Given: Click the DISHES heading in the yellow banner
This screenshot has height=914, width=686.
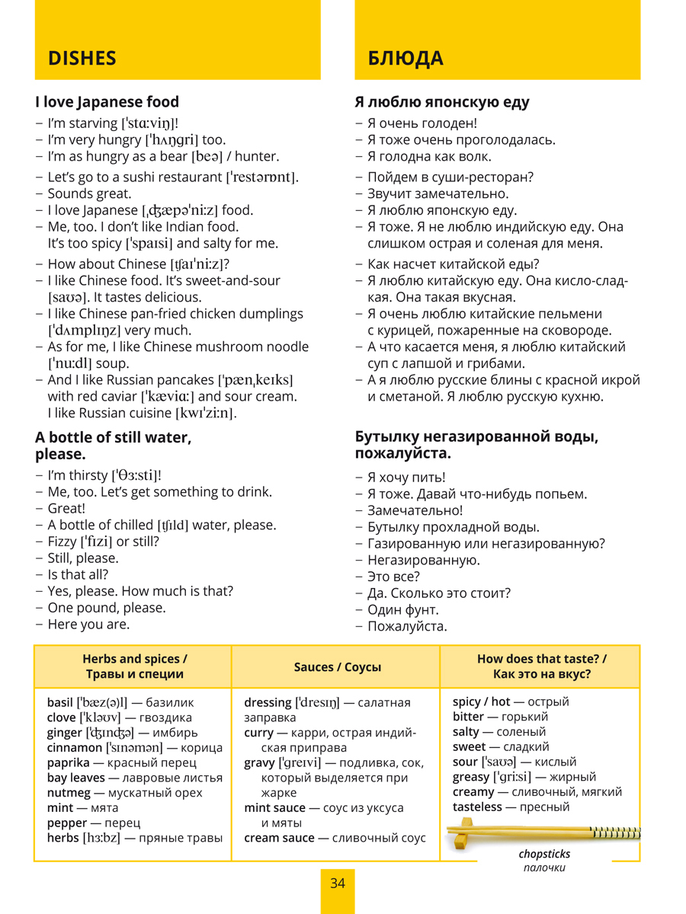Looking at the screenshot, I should click(x=82, y=59).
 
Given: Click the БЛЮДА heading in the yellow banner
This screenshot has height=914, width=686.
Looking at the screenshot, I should click(x=406, y=59).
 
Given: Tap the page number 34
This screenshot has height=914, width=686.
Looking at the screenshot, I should click(x=338, y=884).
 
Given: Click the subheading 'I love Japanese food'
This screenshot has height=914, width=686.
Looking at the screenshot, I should click(x=107, y=102).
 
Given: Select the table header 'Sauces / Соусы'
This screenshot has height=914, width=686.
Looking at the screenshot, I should click(x=338, y=667).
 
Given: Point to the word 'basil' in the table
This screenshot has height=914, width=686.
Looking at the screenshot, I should click(x=60, y=702).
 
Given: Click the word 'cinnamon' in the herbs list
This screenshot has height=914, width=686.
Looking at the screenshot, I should click(x=74, y=748).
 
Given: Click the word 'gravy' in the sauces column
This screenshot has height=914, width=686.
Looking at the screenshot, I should click(x=259, y=762).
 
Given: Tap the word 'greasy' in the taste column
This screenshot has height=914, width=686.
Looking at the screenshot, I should click(x=471, y=777).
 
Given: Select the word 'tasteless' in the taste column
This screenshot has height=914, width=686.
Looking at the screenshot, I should click(x=477, y=807).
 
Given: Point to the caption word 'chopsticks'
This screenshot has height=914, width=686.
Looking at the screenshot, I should click(x=544, y=855).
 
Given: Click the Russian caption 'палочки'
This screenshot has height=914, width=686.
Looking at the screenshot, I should click(x=544, y=868).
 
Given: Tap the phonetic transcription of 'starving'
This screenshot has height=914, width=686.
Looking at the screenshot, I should click(x=149, y=123).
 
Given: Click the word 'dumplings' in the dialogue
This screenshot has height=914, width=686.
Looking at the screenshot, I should click(x=271, y=314).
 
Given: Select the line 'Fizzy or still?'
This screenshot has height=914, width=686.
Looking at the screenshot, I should click(x=103, y=542).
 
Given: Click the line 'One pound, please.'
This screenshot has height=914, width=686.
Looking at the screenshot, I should click(x=106, y=608).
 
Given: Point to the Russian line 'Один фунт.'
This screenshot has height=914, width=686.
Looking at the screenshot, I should click(x=403, y=610).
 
